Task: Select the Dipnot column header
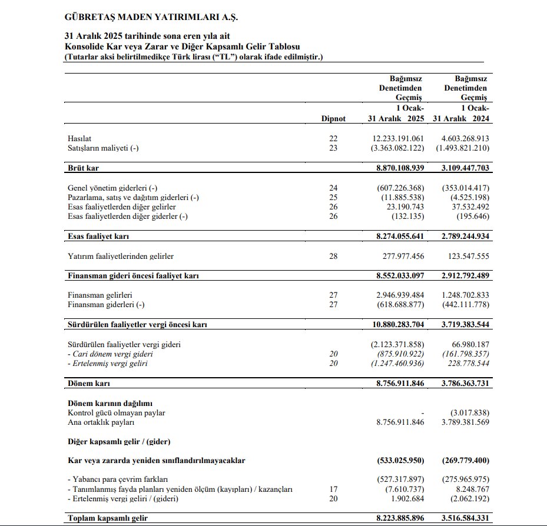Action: coord(333,118)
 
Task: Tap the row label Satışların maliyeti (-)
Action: coord(103,148)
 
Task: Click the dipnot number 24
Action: coord(333,188)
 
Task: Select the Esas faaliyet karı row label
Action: coord(98,237)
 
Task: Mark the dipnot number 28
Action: coord(333,256)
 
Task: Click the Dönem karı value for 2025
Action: coord(400,383)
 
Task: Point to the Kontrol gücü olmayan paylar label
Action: coord(117,413)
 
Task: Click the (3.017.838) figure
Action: coord(469,413)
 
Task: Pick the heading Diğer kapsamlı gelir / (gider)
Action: coord(120,441)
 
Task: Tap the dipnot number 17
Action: coord(333,490)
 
